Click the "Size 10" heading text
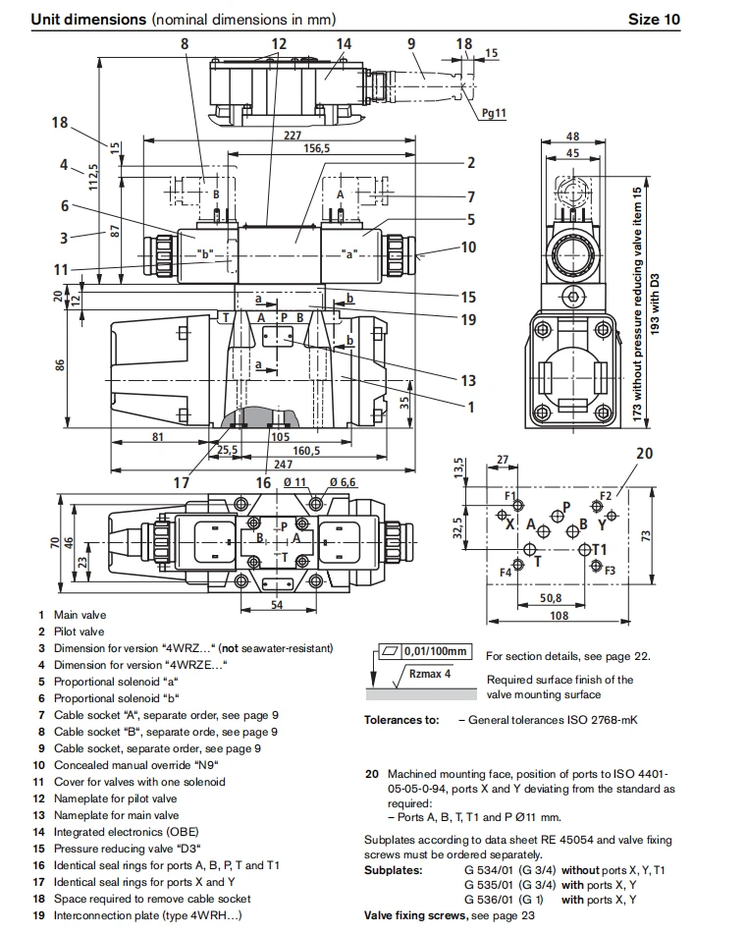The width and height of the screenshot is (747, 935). (x=654, y=19)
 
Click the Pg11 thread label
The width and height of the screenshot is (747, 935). (x=494, y=113)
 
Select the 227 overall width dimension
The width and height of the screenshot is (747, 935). (x=293, y=136)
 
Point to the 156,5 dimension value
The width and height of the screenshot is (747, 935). (x=316, y=148)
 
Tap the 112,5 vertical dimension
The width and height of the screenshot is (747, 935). (x=93, y=177)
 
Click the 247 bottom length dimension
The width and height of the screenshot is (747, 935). (x=283, y=464)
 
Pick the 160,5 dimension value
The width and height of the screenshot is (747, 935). (x=306, y=451)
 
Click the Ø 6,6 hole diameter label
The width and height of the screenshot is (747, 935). (x=343, y=482)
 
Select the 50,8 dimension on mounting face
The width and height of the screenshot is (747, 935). (x=551, y=597)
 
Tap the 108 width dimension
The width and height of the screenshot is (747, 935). (x=560, y=615)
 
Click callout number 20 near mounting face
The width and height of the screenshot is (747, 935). (x=645, y=453)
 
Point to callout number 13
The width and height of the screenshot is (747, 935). (x=468, y=380)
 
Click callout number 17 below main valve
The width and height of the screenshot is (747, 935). (x=182, y=482)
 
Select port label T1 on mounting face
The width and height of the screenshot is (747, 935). (x=599, y=549)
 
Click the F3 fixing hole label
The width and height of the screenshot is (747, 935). (x=610, y=571)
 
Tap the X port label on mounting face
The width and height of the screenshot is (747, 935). (x=509, y=524)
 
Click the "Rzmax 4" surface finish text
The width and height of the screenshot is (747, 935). (x=430, y=674)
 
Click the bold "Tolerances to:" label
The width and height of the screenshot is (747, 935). (x=401, y=720)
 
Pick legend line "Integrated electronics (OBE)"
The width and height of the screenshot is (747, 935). (x=126, y=832)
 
